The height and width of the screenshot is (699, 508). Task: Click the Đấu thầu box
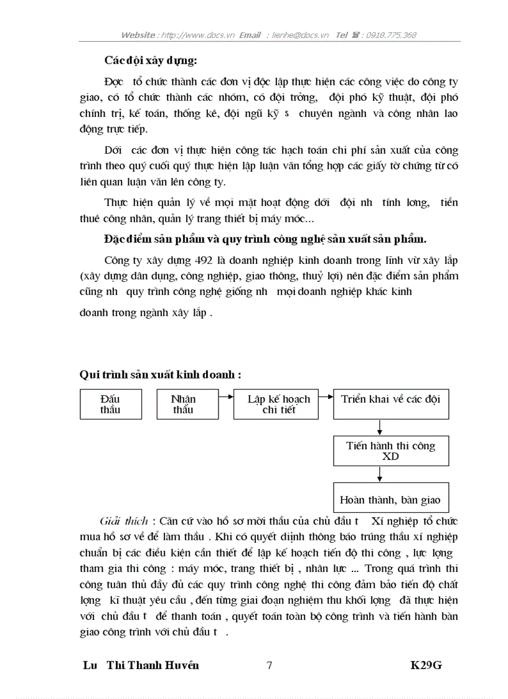(x=111, y=404)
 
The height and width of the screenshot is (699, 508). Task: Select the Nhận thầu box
(x=183, y=404)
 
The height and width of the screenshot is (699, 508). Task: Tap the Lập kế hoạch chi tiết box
(x=279, y=404)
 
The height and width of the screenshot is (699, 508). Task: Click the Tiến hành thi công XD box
(x=390, y=451)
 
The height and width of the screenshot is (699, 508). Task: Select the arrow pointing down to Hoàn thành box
(x=380, y=474)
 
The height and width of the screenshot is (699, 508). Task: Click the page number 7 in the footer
(x=269, y=665)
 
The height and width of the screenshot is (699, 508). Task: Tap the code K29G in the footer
(x=426, y=665)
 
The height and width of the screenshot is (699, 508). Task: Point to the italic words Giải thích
(x=124, y=520)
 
